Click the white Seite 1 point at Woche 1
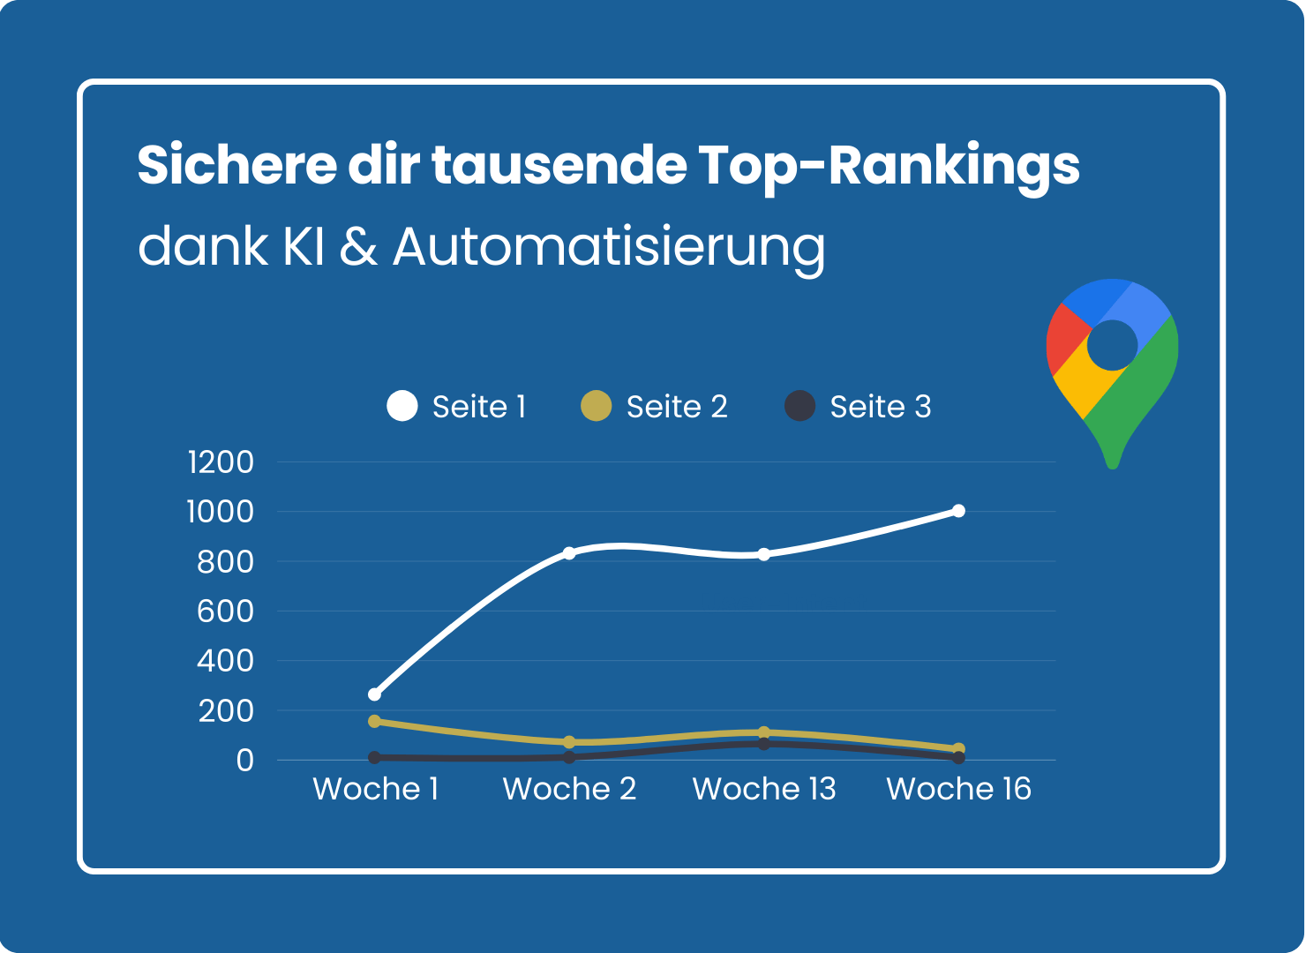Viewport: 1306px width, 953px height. (375, 694)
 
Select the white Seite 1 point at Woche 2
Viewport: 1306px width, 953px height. (569, 553)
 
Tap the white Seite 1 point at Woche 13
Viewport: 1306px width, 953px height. (764, 554)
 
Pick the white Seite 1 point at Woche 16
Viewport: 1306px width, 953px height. (958, 511)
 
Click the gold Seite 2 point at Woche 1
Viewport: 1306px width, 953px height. (375, 721)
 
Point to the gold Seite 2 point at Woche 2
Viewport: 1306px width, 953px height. (569, 742)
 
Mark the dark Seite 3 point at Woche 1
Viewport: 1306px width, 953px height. (375, 757)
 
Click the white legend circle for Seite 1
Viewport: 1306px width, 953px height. (402, 406)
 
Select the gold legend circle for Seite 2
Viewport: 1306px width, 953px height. (597, 406)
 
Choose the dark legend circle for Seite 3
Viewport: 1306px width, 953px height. (799, 406)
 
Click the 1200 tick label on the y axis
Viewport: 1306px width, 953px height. (221, 461)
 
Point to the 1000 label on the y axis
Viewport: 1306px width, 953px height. (221, 512)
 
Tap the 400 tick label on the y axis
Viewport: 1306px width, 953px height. (225, 660)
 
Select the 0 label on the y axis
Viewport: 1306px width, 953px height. (244, 760)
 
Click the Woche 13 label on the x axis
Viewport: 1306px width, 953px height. (764, 789)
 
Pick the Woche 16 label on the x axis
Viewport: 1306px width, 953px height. (958, 789)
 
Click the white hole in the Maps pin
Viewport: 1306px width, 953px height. (1112, 345)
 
